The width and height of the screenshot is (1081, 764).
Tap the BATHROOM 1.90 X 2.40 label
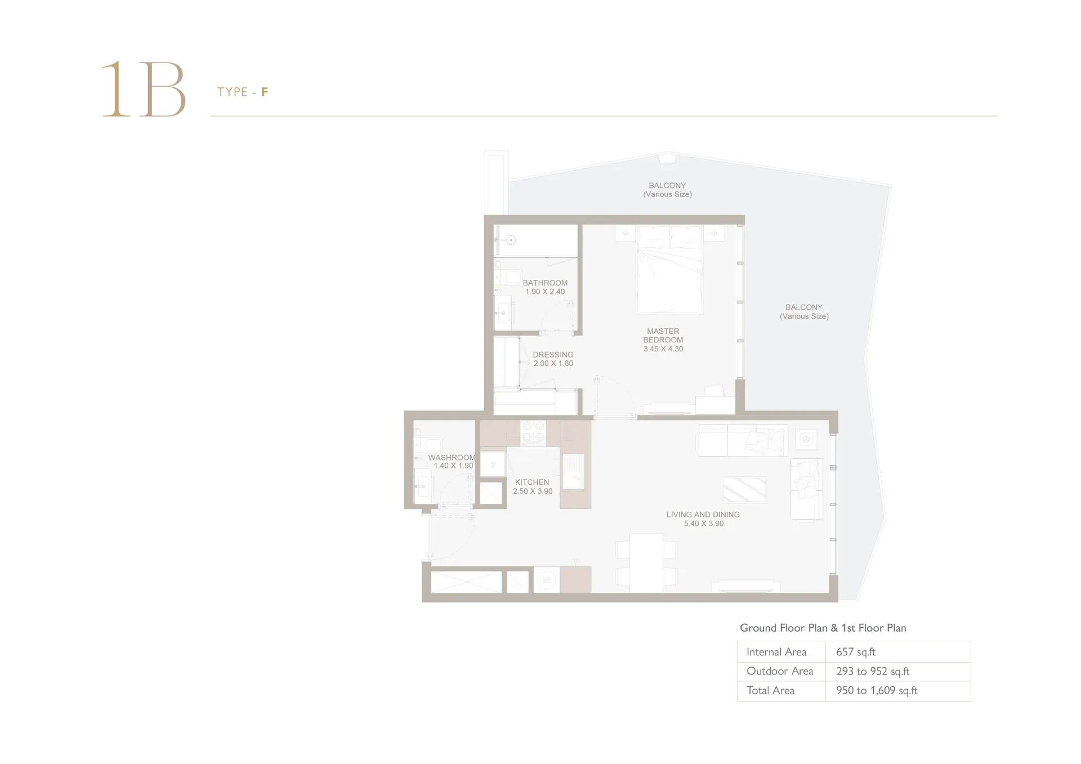(545, 287)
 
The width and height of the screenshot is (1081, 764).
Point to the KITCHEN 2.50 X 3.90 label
(532, 486)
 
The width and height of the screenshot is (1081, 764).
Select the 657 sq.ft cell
(856, 652)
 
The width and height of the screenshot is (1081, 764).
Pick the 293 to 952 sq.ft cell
(873, 671)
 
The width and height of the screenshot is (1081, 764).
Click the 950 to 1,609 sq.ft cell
(877, 690)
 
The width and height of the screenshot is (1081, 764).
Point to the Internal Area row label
(776, 652)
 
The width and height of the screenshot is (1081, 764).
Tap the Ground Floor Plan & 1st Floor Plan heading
(823, 628)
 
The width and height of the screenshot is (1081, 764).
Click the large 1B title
(144, 89)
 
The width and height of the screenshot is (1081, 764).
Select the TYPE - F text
(243, 92)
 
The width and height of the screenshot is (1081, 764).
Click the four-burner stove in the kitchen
(533, 432)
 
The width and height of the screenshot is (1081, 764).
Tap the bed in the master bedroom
(669, 269)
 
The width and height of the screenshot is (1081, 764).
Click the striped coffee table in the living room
(744, 490)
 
